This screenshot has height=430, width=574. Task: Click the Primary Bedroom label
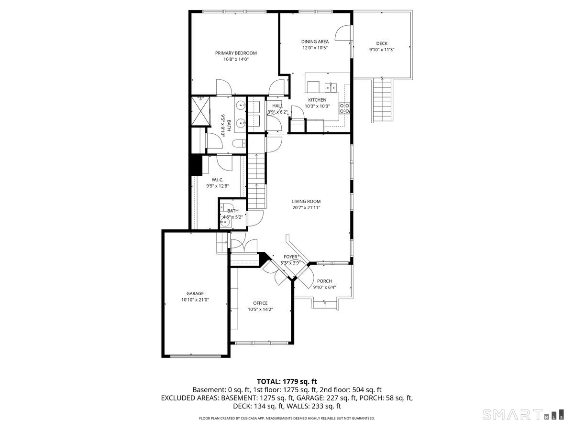coord(236,53)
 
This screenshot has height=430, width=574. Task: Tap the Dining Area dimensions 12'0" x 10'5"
coord(315,48)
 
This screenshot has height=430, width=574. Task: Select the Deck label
coord(382,43)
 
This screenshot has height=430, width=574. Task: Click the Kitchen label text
coord(317,100)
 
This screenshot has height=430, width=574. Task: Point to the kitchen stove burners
coord(344,108)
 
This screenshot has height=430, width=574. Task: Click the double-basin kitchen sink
coord(331,87)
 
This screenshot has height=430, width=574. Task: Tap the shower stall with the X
coord(200,111)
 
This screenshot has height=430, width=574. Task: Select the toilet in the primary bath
coord(239,143)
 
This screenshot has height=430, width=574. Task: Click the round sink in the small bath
coord(225,222)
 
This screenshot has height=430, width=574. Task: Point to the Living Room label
coord(306,201)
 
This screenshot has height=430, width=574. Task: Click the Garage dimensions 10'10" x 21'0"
coord(195,300)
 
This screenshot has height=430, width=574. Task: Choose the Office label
coord(260,303)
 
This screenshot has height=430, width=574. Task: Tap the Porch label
coord(324,281)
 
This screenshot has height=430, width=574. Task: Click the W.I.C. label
coord(218,180)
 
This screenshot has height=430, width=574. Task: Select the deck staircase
coord(382,100)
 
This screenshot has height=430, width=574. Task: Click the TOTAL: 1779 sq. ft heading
coord(287,381)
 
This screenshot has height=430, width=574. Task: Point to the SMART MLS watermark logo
coord(523,414)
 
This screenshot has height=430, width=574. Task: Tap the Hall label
coord(277,106)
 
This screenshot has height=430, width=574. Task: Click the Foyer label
coord(290,257)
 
